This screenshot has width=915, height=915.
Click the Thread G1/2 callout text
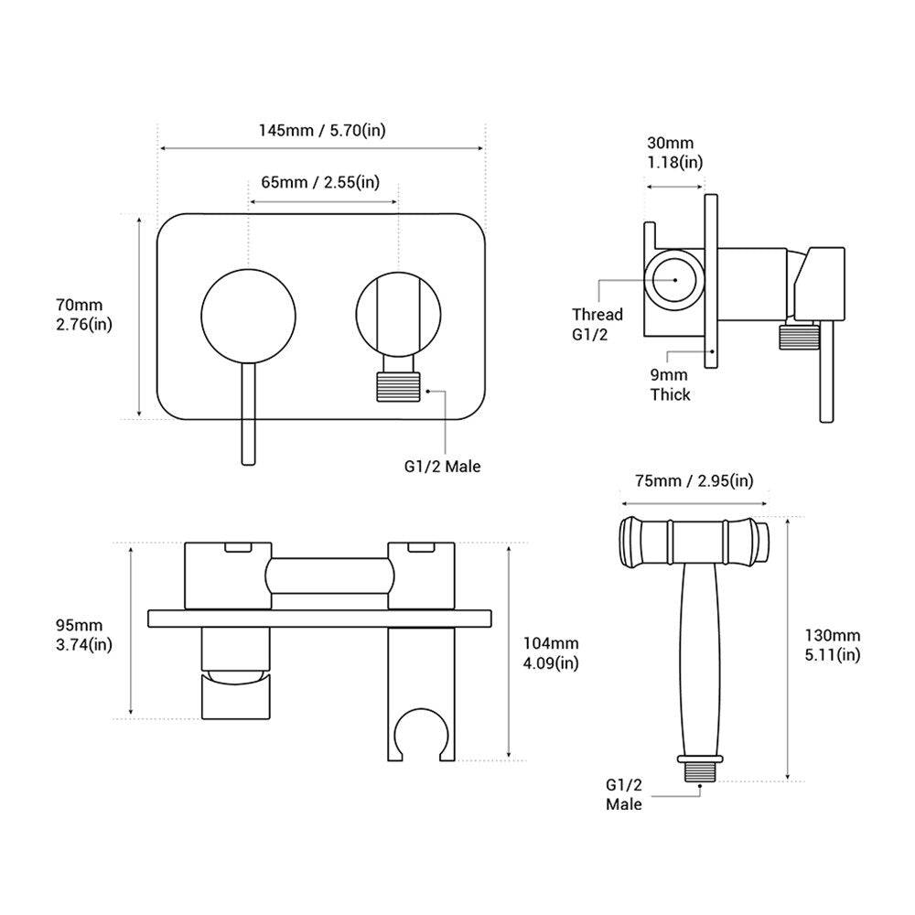pyautogui.click(x=597, y=323)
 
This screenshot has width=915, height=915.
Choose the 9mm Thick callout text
pyautogui.click(x=670, y=385)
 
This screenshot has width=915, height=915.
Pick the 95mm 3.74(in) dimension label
pyautogui.click(x=84, y=634)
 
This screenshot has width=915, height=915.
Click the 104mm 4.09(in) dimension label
pyautogui.click(x=550, y=653)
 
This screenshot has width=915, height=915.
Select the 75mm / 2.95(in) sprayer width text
pyautogui.click(x=694, y=481)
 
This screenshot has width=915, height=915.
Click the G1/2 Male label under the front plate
pyautogui.click(x=443, y=466)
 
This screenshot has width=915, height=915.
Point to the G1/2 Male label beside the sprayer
pyautogui.click(x=623, y=794)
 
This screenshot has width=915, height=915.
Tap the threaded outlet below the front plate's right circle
pyautogui.click(x=398, y=384)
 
